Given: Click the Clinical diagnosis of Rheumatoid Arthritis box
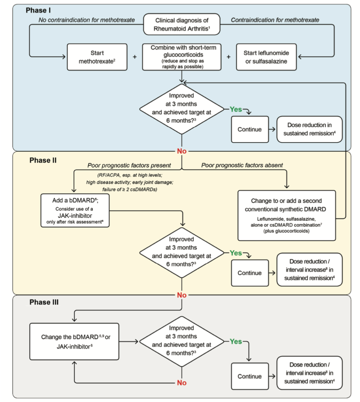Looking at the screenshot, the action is click(182, 24).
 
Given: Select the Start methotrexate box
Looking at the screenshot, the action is click(97, 57).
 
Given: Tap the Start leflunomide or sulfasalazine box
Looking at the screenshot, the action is click(266, 57).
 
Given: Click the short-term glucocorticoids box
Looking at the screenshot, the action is click(182, 57).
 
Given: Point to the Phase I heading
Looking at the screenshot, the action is click(38, 10).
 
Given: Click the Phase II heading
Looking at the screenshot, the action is click(43, 160).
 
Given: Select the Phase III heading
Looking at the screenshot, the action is click(44, 302).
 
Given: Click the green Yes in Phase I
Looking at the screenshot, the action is click(236, 109).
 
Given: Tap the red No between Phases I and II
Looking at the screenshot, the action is click(182, 151).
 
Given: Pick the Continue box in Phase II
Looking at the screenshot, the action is click(250, 273).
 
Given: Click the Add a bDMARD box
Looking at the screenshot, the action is click(75, 210).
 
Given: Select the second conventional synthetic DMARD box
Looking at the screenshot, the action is click(287, 216).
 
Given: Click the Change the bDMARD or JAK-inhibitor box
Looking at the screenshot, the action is click(74, 342).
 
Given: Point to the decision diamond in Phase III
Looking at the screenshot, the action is click(182, 341).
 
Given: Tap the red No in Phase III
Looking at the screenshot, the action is click(182, 382).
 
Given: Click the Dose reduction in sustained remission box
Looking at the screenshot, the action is click(309, 129).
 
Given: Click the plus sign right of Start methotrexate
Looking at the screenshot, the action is click(135, 57).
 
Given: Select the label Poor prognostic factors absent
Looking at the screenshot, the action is click(242, 165).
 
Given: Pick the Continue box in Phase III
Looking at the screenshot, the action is click(250, 376).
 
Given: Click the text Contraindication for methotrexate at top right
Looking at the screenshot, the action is click(275, 20).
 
